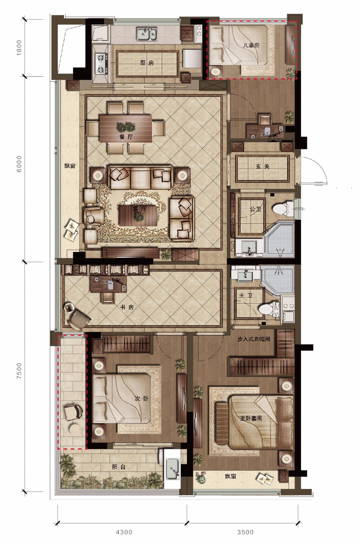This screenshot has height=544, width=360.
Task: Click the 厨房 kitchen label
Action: [x=147, y=63]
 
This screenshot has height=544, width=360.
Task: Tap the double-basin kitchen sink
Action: [x=147, y=34]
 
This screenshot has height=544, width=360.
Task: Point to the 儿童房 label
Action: [x=251, y=45]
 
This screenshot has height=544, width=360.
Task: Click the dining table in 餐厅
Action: [x=125, y=128]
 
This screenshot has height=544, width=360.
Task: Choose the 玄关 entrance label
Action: [x=262, y=166]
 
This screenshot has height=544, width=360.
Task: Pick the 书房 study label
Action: [x=127, y=307]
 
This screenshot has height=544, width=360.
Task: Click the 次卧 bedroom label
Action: [x=141, y=398]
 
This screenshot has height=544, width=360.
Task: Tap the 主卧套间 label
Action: [x=251, y=418]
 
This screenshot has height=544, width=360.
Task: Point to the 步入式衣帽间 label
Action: [x=253, y=339]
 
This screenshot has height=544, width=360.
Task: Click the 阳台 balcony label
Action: [x=119, y=467]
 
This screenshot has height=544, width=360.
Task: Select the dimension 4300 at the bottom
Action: [x=124, y=532]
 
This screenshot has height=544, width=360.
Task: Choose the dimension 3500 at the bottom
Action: [x=245, y=532]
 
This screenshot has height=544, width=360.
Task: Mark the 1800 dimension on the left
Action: [x=19, y=48]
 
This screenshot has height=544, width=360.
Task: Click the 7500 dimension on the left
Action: [x=19, y=371]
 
